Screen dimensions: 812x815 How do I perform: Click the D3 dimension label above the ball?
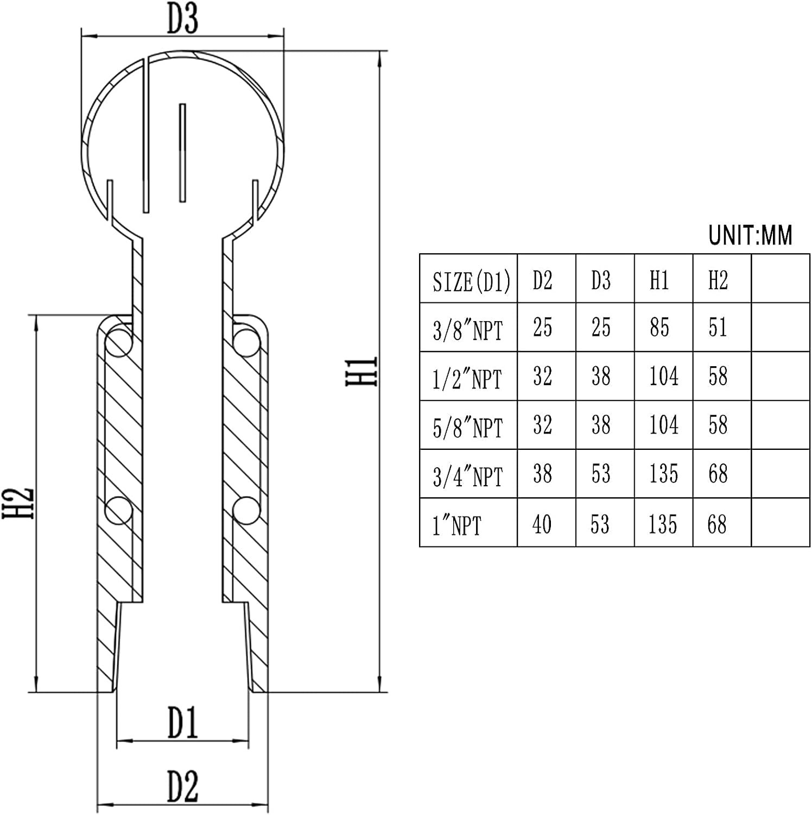(182, 19)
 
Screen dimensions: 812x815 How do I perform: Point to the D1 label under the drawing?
(182, 723)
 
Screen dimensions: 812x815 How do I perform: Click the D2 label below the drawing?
(182, 786)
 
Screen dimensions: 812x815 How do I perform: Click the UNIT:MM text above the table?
(750, 235)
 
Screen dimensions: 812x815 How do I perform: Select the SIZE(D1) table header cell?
(471, 282)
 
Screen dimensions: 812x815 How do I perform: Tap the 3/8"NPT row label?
(468, 330)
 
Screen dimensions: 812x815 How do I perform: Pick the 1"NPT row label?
(456, 525)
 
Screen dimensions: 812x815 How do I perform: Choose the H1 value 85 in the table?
(659, 328)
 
